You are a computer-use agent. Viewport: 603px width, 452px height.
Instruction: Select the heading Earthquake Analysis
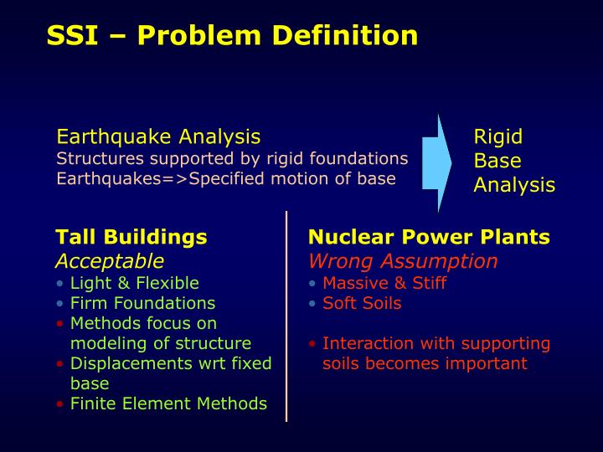click(158, 136)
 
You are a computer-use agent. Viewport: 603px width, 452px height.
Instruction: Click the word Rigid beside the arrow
click(497, 136)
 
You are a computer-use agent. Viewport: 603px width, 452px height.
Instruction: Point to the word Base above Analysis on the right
click(497, 161)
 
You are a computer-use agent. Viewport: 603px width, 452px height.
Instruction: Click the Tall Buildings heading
click(131, 237)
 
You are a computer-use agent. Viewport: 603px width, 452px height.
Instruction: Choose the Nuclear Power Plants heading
click(429, 237)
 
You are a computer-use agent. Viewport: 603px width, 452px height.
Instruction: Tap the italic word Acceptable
click(110, 260)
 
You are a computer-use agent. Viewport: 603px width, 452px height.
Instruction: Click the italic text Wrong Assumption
click(403, 260)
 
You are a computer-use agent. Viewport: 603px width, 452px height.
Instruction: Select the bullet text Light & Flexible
click(134, 283)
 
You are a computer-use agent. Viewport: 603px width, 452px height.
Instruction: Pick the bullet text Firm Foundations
click(142, 303)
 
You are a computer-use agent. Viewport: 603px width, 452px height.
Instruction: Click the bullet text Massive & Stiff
click(384, 283)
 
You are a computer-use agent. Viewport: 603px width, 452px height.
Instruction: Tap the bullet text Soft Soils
click(362, 303)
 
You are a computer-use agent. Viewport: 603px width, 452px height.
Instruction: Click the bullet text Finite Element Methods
click(168, 403)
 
